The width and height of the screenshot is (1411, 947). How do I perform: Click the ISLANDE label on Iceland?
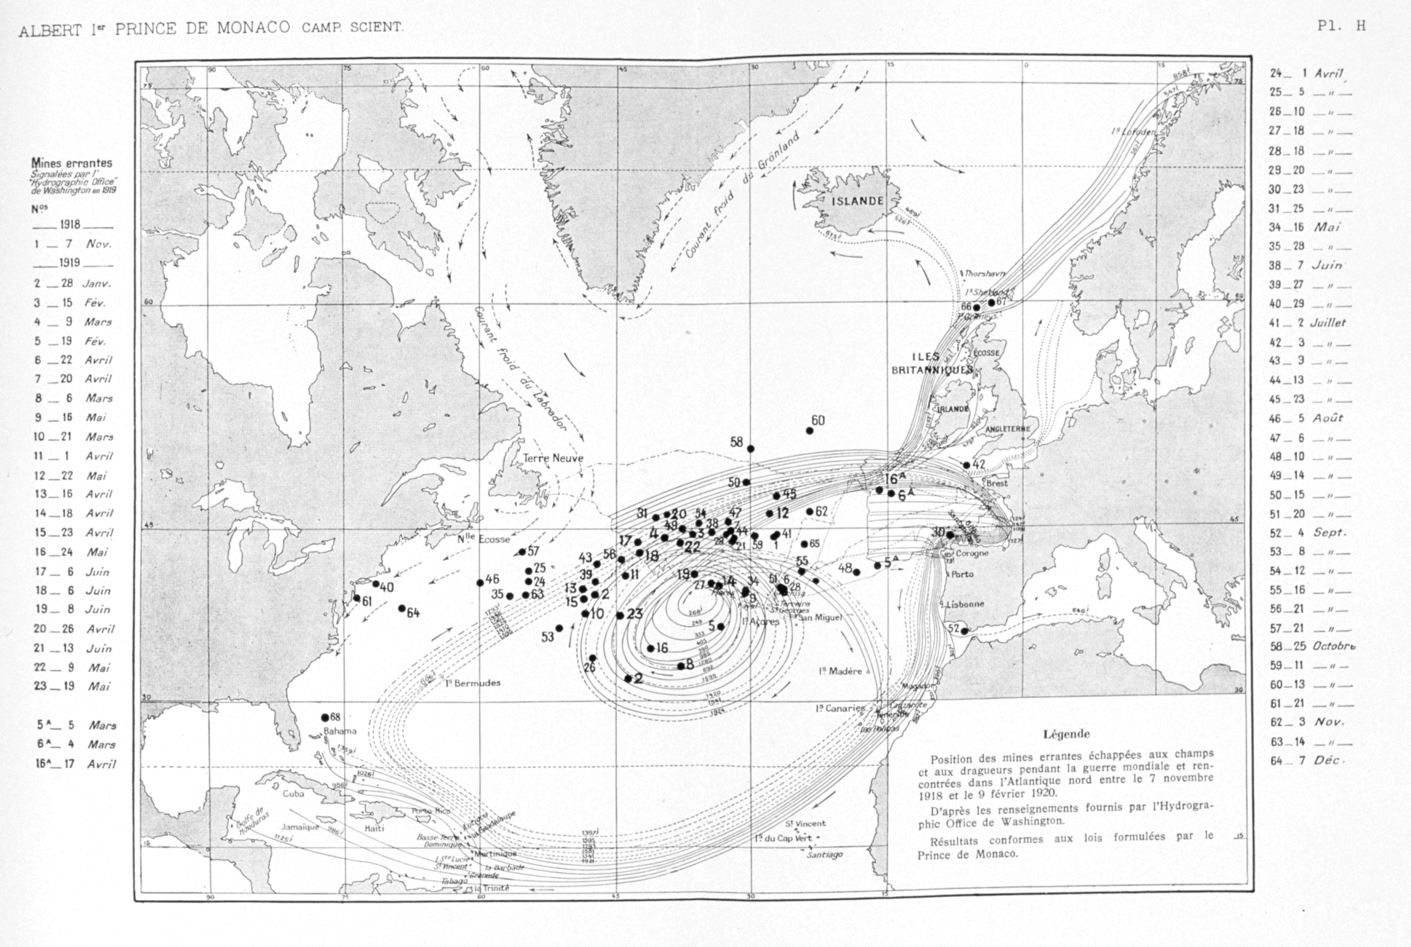(x=857, y=201)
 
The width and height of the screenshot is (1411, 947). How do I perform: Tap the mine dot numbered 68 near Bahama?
(x=325, y=718)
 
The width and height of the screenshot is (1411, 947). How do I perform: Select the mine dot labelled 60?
(x=809, y=430)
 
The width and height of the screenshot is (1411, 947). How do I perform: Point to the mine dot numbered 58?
(x=751, y=448)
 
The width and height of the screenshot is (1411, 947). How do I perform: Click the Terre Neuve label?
(x=553, y=459)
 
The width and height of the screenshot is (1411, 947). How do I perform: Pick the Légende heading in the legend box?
(x=1067, y=734)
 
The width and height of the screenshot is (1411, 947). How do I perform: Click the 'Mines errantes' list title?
(x=72, y=163)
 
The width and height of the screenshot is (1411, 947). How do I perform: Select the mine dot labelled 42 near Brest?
(x=966, y=465)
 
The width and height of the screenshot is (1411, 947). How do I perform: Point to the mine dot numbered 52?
(x=965, y=631)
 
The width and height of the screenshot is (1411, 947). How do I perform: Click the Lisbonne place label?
(x=965, y=604)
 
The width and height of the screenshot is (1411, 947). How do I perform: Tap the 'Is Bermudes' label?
(x=473, y=683)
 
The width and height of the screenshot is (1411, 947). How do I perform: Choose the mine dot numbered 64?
(x=402, y=608)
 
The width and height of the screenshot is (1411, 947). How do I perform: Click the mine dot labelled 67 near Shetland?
(x=991, y=303)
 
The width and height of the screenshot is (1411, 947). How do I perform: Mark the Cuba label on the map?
(x=294, y=794)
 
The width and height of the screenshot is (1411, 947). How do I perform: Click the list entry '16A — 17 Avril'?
(x=75, y=764)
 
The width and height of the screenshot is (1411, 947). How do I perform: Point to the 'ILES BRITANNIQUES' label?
(x=932, y=363)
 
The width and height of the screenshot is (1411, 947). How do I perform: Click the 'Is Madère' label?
(x=840, y=671)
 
